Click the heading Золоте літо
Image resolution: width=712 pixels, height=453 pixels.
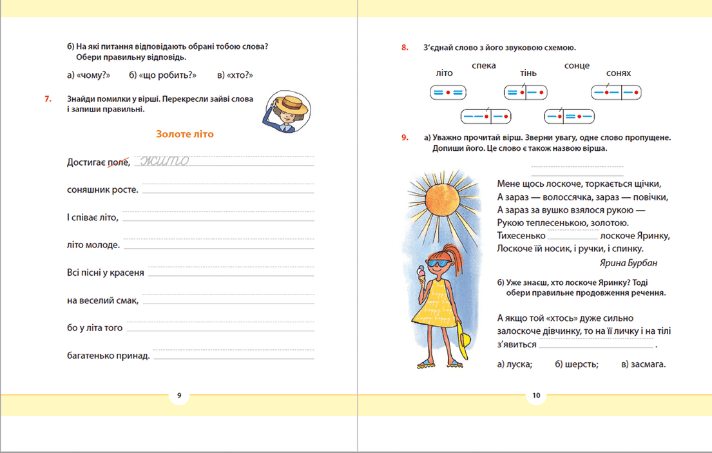[184, 134]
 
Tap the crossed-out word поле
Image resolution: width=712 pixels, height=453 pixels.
[118, 162]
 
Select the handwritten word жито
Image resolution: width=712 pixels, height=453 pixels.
[164, 160]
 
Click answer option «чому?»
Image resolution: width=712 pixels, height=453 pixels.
[89, 75]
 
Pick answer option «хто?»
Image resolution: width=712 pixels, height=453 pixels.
[234, 75]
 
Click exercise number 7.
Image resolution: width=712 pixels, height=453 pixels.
[47, 99]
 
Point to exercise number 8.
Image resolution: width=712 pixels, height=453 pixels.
[405, 48]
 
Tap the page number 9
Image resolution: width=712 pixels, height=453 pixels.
[179, 395]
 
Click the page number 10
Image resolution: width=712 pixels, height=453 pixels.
[536, 395]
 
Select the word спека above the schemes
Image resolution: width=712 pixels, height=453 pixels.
[483, 66]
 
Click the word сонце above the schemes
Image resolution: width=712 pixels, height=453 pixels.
[577, 66]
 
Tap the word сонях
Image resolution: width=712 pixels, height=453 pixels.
[618, 73]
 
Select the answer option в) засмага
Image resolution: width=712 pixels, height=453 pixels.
[644, 364]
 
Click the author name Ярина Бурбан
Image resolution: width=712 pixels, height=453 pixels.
[629, 263]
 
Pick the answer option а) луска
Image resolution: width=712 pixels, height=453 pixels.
[515, 364]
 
